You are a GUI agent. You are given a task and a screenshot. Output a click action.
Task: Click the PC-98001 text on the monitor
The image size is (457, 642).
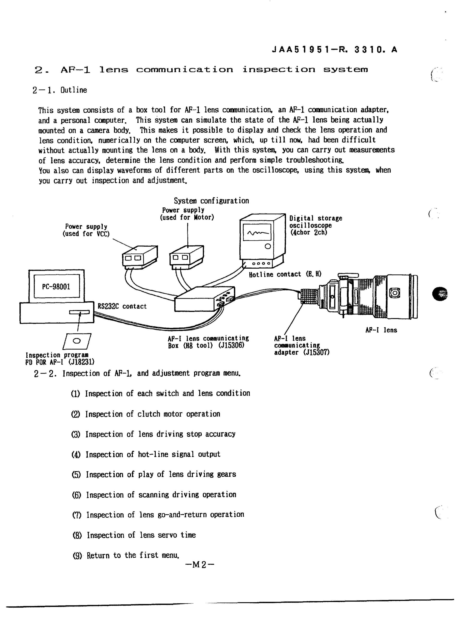(56, 287)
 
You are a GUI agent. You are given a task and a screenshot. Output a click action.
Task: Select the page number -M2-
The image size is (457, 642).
(200, 564)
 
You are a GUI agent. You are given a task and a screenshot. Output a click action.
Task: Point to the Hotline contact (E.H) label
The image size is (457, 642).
(285, 274)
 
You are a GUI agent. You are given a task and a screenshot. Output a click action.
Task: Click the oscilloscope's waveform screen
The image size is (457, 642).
(257, 232)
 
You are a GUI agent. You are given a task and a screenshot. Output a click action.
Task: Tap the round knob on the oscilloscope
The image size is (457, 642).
(268, 247)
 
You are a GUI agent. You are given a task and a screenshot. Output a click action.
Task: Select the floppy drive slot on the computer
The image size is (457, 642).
(79, 312)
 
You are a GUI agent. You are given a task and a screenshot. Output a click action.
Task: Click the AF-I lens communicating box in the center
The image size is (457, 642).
(205, 299)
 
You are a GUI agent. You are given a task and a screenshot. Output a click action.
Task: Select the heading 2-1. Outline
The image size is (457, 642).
(60, 90)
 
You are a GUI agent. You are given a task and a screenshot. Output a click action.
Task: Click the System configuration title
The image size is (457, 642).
(211, 201)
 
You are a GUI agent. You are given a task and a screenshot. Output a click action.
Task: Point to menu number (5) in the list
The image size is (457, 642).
(76, 475)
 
